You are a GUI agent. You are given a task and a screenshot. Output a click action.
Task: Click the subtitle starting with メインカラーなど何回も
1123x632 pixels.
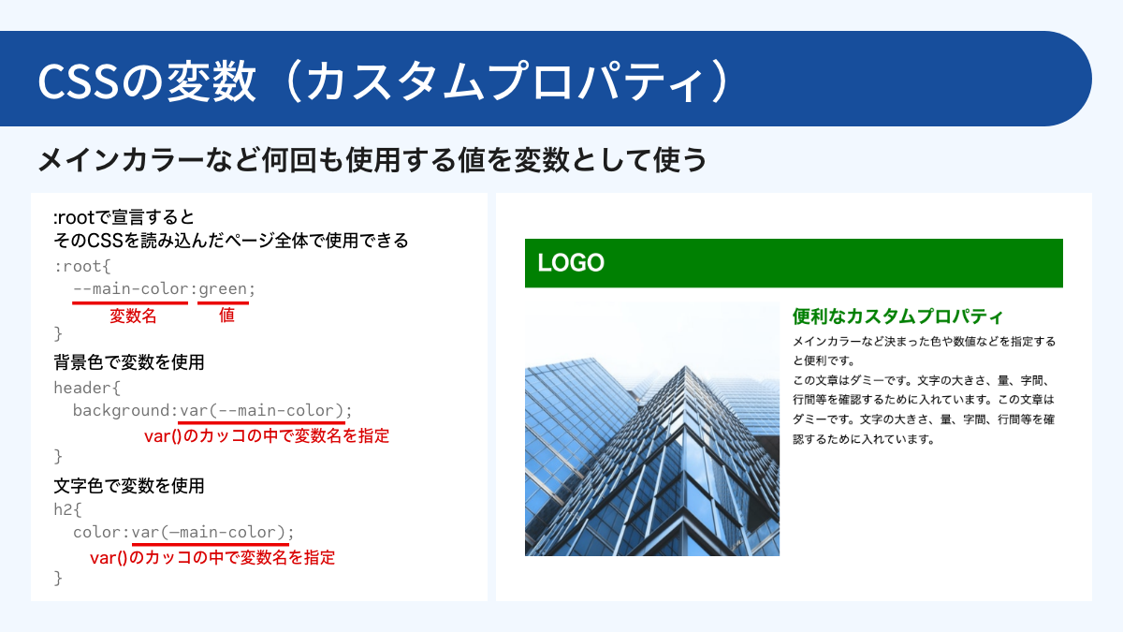(x=372, y=160)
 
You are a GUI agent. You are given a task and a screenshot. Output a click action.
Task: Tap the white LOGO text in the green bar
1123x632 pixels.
(x=571, y=263)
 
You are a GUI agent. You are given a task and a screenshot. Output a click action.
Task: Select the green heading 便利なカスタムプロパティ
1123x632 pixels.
(x=897, y=316)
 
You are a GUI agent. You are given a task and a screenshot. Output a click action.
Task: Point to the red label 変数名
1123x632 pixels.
(x=133, y=316)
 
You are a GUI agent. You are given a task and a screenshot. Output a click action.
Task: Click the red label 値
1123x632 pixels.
(x=226, y=316)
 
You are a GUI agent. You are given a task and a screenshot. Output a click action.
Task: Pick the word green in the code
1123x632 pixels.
(x=223, y=289)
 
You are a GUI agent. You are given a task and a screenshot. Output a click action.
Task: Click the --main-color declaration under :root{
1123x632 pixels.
(x=130, y=289)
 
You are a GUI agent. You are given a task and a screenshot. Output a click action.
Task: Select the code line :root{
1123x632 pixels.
(x=82, y=266)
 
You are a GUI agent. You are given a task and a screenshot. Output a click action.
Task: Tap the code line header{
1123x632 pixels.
(x=87, y=387)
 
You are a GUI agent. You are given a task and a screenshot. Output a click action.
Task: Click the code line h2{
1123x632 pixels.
(x=68, y=509)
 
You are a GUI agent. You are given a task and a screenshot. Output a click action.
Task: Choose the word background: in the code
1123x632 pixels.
(x=125, y=411)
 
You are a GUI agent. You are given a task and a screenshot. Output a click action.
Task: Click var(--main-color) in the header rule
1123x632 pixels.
(x=264, y=411)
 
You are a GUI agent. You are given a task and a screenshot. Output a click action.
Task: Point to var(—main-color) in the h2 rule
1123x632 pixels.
(x=210, y=533)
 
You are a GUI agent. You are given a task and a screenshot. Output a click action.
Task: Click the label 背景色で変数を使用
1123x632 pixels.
(x=129, y=362)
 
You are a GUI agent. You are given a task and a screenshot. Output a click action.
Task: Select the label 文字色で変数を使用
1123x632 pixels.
(x=129, y=486)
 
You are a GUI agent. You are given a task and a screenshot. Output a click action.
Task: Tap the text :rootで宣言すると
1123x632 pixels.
(x=124, y=218)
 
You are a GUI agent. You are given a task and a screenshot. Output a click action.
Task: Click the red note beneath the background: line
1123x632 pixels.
(x=267, y=435)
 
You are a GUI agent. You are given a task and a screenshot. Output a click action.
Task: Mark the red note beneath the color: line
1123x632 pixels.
(x=212, y=558)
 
